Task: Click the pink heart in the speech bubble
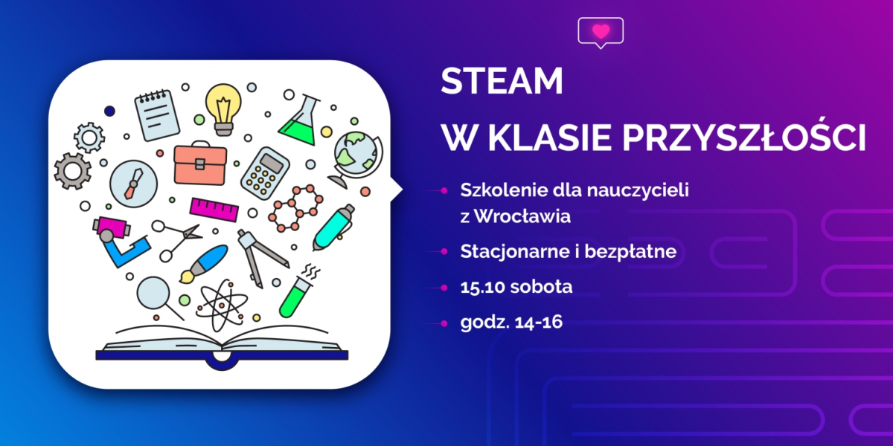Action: [601, 31]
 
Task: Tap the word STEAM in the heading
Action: [502, 81]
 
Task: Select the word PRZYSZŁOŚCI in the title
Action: [744, 137]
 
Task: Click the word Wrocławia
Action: [522, 216]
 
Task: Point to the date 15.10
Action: [481, 287]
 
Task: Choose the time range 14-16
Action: [539, 322]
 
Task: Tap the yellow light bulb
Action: [223, 109]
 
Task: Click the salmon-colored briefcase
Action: [200, 163]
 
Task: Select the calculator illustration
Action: [265, 173]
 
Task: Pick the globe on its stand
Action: [354, 159]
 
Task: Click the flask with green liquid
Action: [300, 120]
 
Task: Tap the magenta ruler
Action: [214, 210]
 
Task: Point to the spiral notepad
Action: [157, 115]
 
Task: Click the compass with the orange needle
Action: [133, 184]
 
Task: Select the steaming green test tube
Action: [298, 292]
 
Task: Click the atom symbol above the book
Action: [220, 306]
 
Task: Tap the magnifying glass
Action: [158, 297]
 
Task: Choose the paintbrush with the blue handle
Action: [203, 264]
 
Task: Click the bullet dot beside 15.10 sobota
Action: [444, 287]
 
